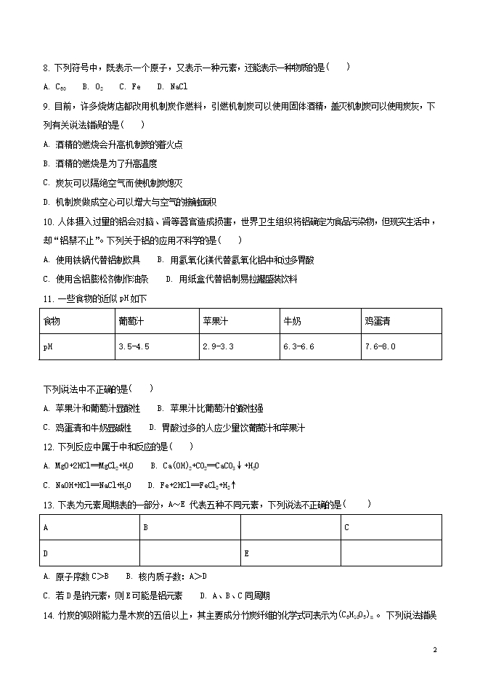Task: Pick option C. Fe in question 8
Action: [x=130, y=86]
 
